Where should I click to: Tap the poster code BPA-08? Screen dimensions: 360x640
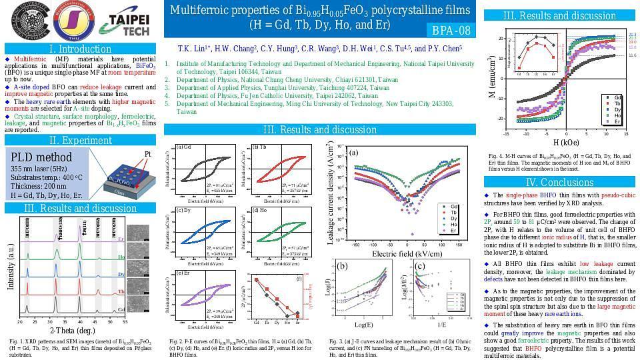[x=451, y=31]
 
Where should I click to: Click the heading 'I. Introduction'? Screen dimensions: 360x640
[x=81, y=49]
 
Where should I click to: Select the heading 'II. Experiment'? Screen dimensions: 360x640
[x=81, y=140]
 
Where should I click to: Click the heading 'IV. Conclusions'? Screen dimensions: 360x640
[x=559, y=182]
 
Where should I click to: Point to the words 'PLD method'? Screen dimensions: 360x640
[x=41, y=157]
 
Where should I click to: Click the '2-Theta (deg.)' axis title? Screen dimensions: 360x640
[x=73, y=331]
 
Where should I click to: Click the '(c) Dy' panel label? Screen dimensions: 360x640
[x=183, y=211]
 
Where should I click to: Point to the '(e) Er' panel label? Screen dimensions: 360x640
[x=183, y=273]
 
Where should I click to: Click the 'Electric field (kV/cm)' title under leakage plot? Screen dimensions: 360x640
[x=403, y=254]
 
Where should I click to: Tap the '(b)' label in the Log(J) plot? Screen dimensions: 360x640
[x=341, y=266]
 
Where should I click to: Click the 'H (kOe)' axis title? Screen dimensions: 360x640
[x=566, y=142]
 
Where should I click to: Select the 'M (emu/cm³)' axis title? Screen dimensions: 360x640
[x=492, y=76]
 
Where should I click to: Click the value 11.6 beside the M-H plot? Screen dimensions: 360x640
[x=632, y=55]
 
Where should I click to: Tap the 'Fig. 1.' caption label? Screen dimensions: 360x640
[x=18, y=342]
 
